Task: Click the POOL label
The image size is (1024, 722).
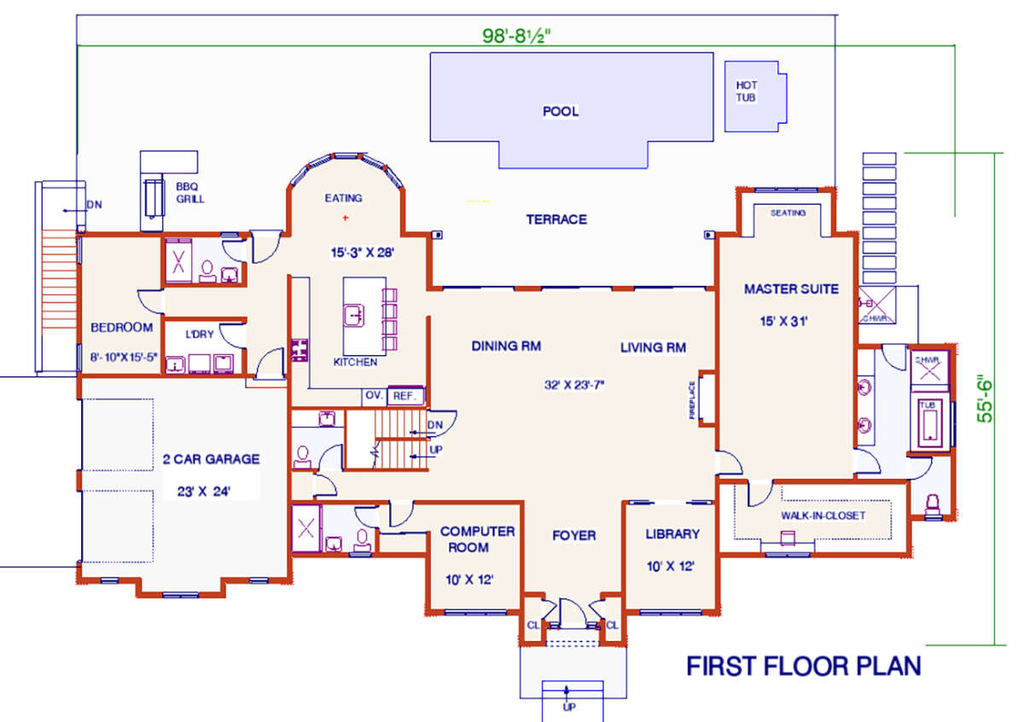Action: (x=561, y=111)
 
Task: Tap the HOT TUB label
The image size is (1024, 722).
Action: (x=746, y=91)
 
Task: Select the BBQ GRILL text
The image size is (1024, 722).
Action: (x=190, y=193)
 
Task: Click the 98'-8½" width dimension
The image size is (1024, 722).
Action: (x=516, y=36)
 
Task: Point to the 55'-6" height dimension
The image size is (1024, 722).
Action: (x=985, y=399)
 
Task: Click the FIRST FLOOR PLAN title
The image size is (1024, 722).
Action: (x=804, y=666)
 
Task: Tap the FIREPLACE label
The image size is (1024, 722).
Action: (x=692, y=400)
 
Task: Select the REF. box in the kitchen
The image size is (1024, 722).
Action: (x=405, y=396)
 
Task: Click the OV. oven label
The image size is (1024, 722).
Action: (x=374, y=395)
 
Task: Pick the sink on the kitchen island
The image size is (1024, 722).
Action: (x=354, y=316)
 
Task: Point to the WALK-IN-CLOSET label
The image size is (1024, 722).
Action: (x=823, y=515)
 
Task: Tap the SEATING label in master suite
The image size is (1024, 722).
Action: (x=788, y=213)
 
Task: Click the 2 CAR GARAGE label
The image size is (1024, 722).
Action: (x=212, y=459)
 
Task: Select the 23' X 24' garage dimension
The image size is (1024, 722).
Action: (x=204, y=492)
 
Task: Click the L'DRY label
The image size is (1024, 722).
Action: (x=200, y=335)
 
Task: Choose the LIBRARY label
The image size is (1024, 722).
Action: (x=672, y=534)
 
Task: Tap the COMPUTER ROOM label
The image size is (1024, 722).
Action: (x=477, y=539)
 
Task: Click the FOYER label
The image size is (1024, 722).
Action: (x=574, y=535)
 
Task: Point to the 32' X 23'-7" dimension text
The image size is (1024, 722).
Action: (x=574, y=385)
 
